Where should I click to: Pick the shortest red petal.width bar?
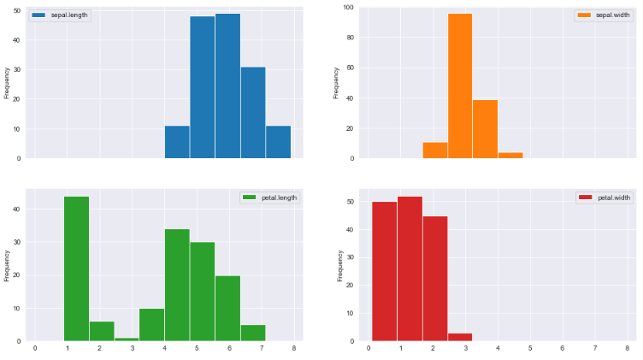460,337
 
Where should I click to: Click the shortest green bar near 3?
127,339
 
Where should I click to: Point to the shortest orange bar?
510,156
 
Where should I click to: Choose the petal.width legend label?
613,198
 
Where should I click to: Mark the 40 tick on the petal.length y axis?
21,209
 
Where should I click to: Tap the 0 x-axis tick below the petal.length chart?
34,348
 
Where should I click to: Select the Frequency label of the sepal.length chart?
7,83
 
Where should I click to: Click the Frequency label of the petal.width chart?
339,265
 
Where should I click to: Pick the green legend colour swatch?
250,198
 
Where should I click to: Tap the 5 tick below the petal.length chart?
196,348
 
